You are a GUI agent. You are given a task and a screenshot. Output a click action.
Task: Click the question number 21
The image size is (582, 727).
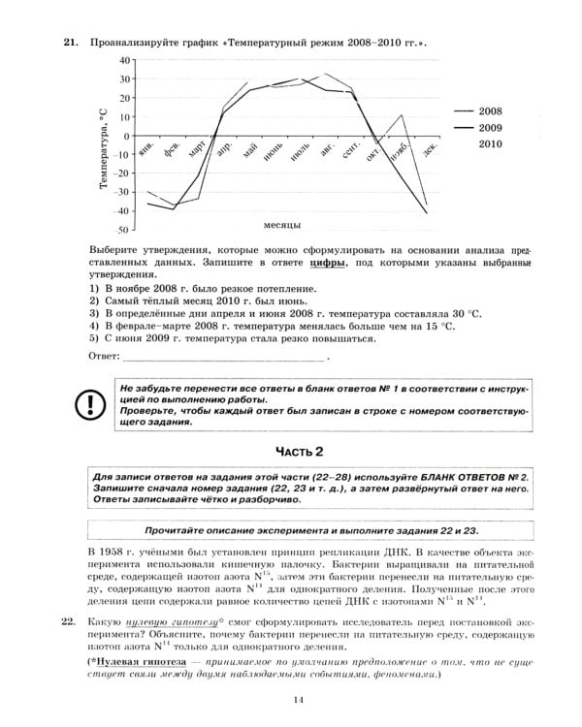(x=69, y=44)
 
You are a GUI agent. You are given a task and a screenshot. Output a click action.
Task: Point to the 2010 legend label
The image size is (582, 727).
(x=517, y=143)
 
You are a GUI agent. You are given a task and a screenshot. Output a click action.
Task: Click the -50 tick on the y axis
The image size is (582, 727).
(x=121, y=231)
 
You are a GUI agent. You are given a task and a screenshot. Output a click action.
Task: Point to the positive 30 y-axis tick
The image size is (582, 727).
(x=123, y=79)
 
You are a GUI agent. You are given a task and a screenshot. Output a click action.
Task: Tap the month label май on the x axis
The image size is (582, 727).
(x=251, y=151)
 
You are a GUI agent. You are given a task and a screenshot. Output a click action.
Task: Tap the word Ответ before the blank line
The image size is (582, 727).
(x=102, y=357)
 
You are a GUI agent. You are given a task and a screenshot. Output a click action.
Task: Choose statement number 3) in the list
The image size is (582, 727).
(x=94, y=314)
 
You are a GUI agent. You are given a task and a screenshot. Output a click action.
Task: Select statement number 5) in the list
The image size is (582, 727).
(x=94, y=338)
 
